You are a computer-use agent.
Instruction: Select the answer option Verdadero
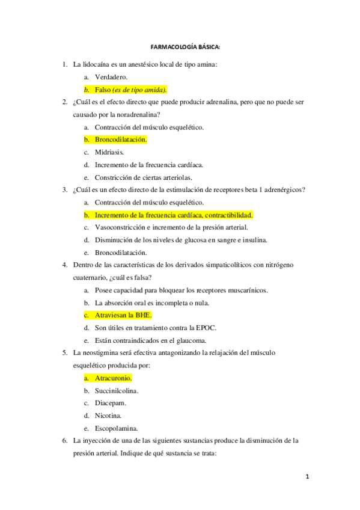(111, 77)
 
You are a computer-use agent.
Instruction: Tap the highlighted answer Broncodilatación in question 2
(121, 140)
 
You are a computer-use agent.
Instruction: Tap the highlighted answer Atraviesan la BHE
(123, 315)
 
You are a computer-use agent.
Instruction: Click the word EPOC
(204, 328)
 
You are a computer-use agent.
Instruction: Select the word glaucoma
(197, 340)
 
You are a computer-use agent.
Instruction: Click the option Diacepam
(110, 404)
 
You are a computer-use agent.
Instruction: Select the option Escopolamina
(116, 429)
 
